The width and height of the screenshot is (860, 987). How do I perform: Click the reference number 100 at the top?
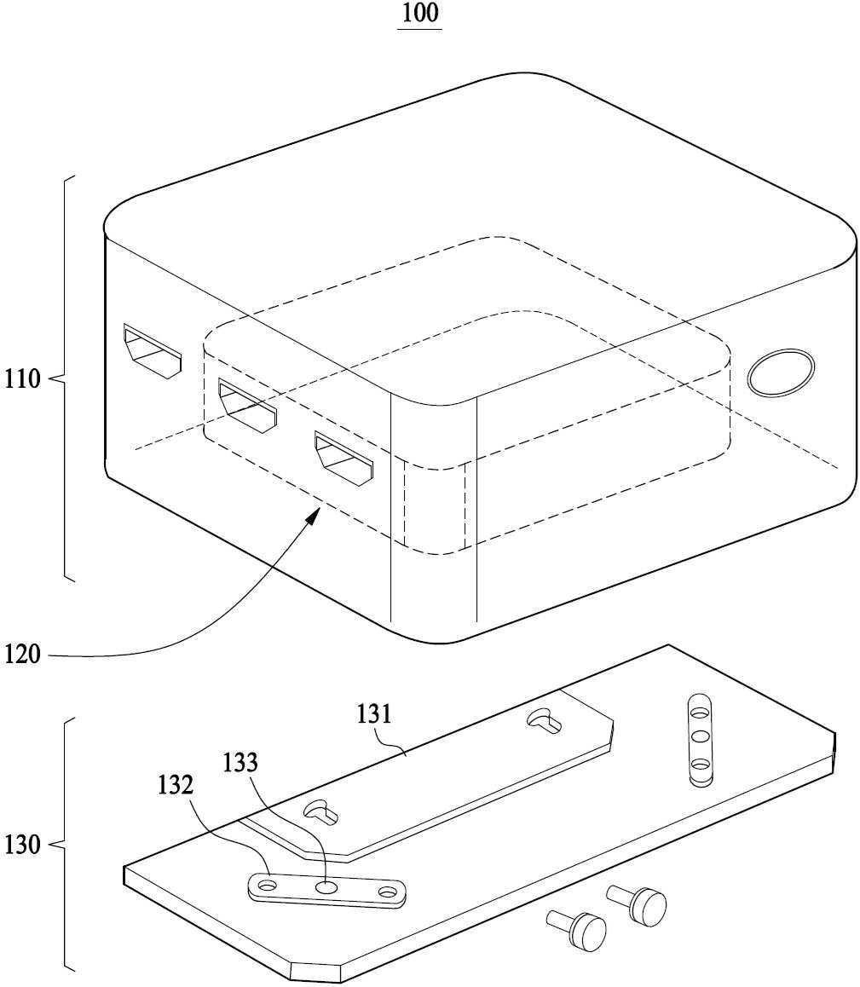420,13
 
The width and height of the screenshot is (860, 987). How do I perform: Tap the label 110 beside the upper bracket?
23,379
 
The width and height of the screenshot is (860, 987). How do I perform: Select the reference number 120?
23,655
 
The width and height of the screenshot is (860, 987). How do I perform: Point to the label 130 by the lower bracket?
23,845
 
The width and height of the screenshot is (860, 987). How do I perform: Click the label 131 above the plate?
374,714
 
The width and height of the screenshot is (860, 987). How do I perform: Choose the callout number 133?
240,762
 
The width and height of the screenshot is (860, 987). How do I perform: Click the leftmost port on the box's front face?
153,351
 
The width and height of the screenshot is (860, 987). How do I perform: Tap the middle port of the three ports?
247,405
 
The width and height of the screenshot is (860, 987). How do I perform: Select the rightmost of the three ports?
343,459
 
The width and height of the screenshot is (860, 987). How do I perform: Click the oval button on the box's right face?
781,372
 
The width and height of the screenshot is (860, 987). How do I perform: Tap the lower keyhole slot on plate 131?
321,812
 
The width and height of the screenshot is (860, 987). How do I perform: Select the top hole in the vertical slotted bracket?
699,713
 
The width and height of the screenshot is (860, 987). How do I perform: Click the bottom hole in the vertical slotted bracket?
700,765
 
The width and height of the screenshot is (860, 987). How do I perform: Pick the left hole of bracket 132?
267,886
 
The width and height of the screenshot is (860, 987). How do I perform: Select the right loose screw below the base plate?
637,903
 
